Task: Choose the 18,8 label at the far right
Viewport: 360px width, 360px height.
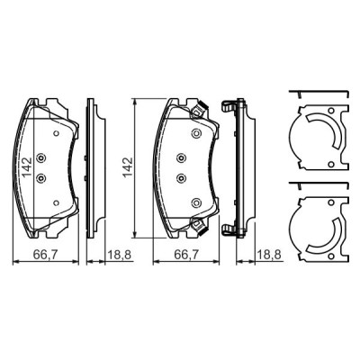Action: pyautogui.click(x=266, y=256)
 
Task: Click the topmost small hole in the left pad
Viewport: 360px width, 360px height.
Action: pyautogui.click(x=55, y=135)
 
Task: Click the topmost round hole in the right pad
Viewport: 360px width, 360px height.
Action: pyautogui.click(x=193, y=135)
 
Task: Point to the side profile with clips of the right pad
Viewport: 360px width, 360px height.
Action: pyautogui.click(x=236, y=166)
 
